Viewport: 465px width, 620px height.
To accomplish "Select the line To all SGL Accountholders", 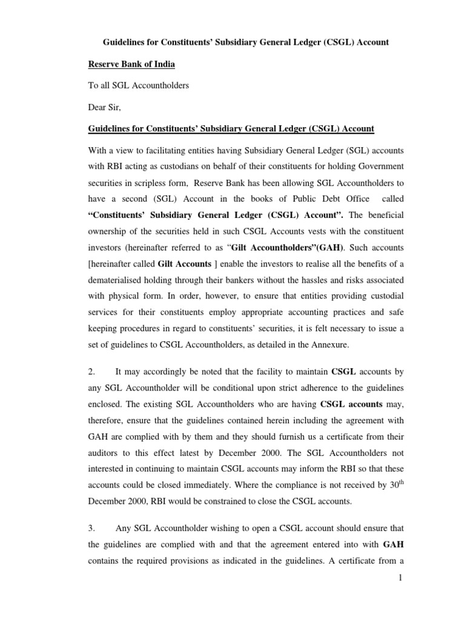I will (139, 85).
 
